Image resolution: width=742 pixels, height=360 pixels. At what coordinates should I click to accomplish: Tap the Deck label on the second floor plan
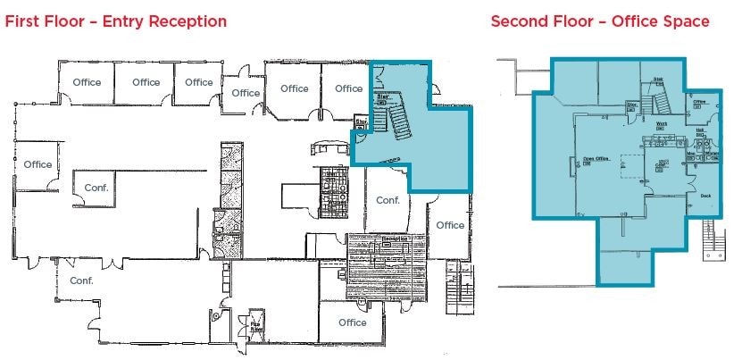[x=705, y=196]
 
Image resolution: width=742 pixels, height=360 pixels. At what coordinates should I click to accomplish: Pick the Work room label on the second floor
[x=663, y=124]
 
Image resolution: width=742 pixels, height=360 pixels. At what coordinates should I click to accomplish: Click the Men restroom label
[x=691, y=153]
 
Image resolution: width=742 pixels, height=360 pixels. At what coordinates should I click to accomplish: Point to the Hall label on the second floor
[x=701, y=130]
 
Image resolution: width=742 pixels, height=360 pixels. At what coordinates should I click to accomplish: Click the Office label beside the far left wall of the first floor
[x=38, y=164]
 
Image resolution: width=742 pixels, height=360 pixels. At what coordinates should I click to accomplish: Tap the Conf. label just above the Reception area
[x=388, y=200]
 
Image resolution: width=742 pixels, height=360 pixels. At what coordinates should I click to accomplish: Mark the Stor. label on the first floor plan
[x=363, y=121]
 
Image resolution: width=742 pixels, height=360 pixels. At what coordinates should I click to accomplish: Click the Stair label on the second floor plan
[x=658, y=80]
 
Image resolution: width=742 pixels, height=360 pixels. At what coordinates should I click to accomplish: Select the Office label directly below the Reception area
[x=353, y=322]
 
